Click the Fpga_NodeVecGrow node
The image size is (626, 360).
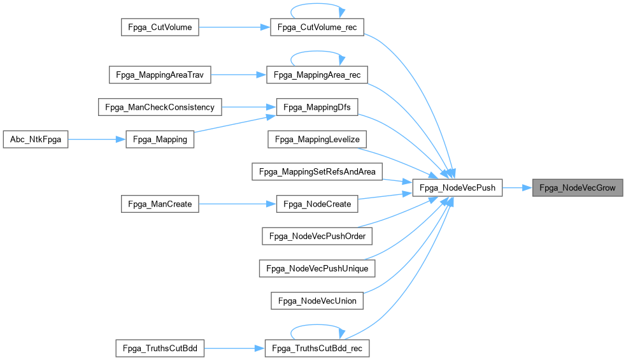pyautogui.click(x=578, y=188)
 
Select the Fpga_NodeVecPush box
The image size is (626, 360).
pyautogui.click(x=458, y=188)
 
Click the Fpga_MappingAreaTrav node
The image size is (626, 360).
pyautogui.click(x=160, y=75)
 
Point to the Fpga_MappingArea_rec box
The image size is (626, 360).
pyautogui.click(x=317, y=75)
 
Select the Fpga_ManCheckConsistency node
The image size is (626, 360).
pyautogui.click(x=160, y=107)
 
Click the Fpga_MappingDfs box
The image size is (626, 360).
pyautogui.click(x=317, y=107)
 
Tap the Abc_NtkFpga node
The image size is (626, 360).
pyautogui.click(x=35, y=140)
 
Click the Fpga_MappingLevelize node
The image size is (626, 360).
pyautogui.click(x=317, y=140)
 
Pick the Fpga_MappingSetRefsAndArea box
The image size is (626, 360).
pyautogui.click(x=317, y=171)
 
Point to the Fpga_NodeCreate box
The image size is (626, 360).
pyautogui.click(x=317, y=204)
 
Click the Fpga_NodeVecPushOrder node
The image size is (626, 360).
pyautogui.click(x=317, y=236)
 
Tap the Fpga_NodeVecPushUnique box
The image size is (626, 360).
pyautogui.click(x=317, y=268)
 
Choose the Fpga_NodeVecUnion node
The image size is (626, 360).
pyautogui.click(x=317, y=300)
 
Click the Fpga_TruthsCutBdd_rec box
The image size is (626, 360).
pyautogui.click(x=317, y=349)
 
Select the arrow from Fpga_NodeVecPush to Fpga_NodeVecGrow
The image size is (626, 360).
pyautogui.click(x=518, y=188)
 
